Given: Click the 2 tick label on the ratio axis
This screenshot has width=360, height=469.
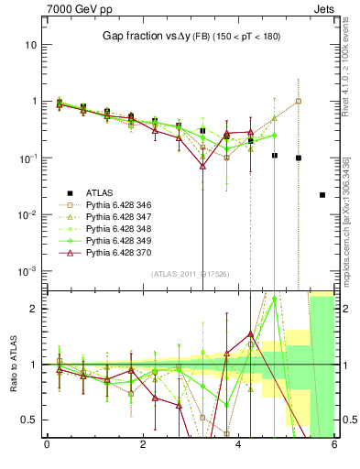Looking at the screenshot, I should (33, 309).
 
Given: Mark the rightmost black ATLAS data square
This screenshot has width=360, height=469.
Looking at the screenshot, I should (322, 195).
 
